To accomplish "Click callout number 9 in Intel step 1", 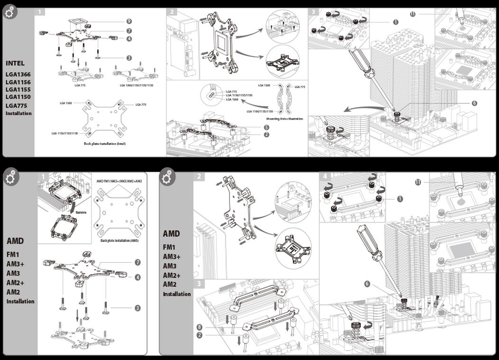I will [129, 21].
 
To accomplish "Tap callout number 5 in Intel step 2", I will [267, 127].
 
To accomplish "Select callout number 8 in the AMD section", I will [199, 327].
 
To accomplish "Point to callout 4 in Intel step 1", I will [129, 38].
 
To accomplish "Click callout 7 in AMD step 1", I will [138, 262].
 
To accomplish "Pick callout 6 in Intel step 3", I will [474, 103].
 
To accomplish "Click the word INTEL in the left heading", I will [15, 63].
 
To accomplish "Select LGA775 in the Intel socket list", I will [16, 105].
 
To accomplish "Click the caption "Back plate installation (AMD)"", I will [120, 240].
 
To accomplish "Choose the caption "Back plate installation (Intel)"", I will [105, 143].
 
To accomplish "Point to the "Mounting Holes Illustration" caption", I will [285, 119].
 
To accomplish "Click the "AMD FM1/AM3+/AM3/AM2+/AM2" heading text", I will [119, 181].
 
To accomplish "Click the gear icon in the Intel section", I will [9, 13].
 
